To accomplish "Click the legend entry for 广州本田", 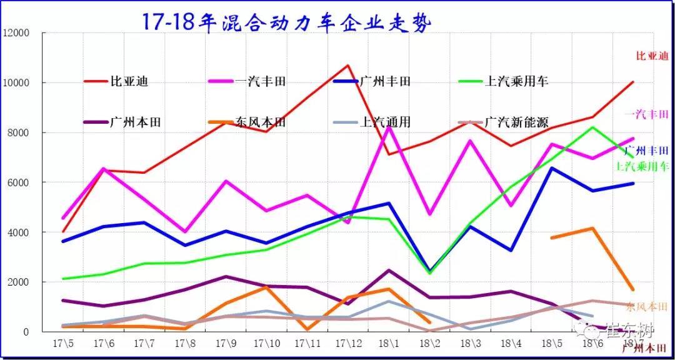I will pyautogui.click(x=135, y=122).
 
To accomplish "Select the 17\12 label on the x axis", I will pyautogui.click(x=348, y=344).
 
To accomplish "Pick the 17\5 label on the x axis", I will pyautogui.click(x=62, y=344).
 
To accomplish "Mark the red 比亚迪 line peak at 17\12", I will pyautogui.click(x=348, y=65).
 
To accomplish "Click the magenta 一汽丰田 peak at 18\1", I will pyautogui.click(x=389, y=127).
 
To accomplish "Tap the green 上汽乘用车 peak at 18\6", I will pyautogui.click(x=592, y=127).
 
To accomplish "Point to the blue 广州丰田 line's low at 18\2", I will pyautogui.click(x=429, y=271).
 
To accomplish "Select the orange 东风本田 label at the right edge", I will pyautogui.click(x=646, y=307).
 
